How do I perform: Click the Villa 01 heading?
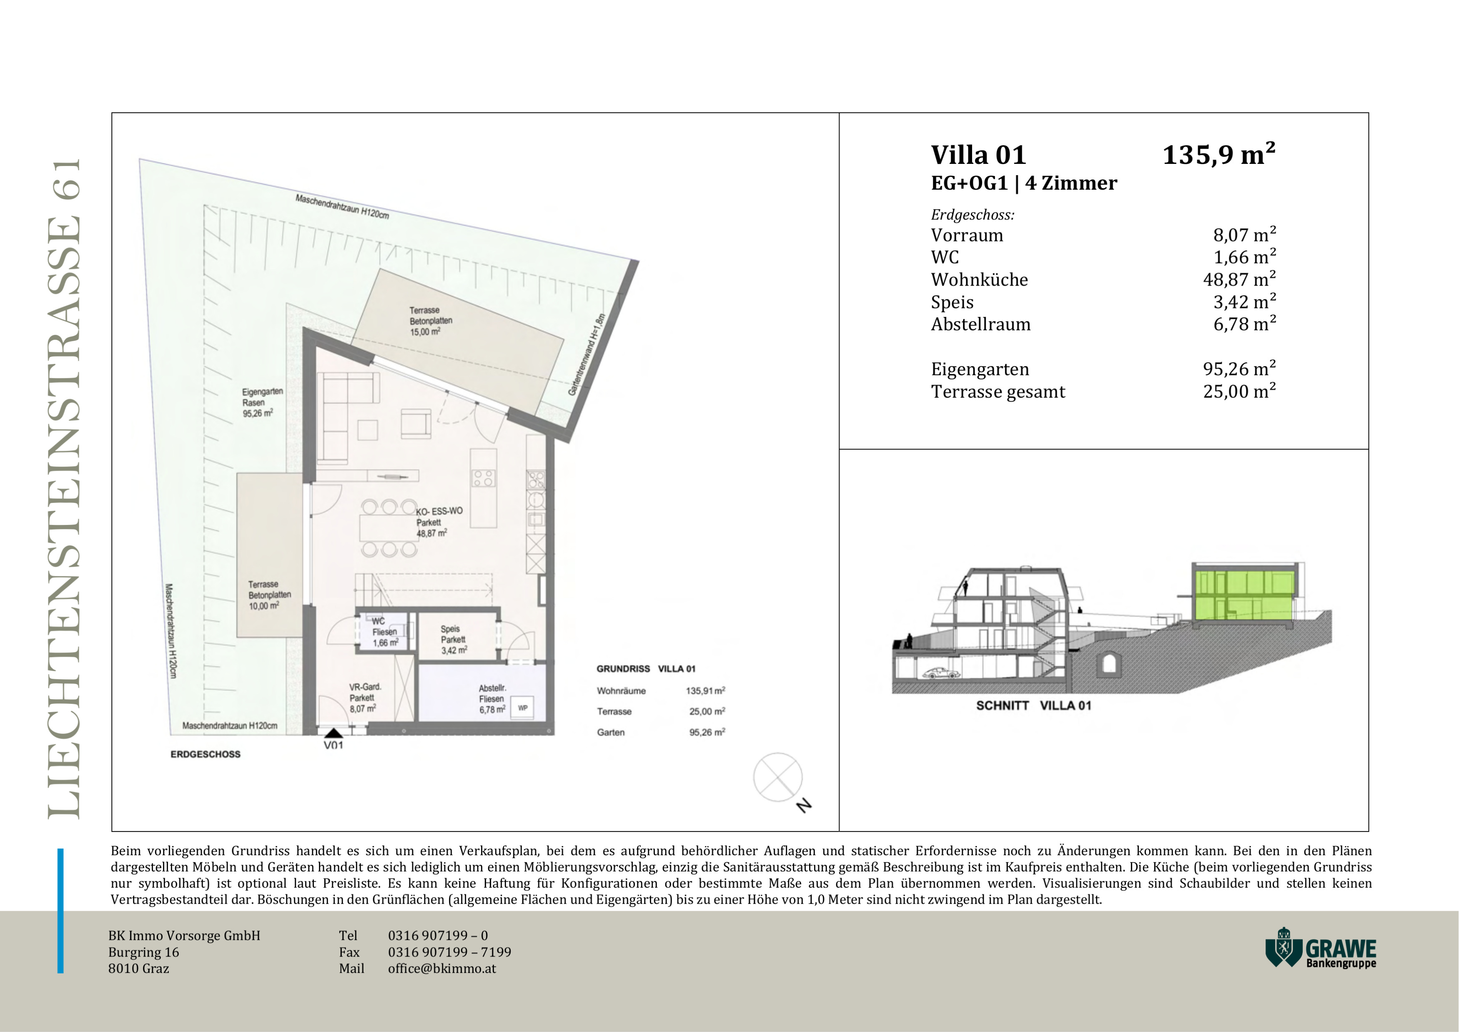(979, 155)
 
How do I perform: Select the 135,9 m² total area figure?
(1219, 154)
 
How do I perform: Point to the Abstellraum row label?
(980, 324)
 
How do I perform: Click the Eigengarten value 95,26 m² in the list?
(1239, 369)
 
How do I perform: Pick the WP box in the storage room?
(522, 708)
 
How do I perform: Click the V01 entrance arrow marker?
(333, 733)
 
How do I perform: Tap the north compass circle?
(778, 777)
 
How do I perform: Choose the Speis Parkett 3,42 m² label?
(454, 639)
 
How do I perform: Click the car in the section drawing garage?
(943, 673)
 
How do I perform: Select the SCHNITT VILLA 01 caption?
(1033, 706)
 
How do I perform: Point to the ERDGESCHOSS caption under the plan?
(205, 754)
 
